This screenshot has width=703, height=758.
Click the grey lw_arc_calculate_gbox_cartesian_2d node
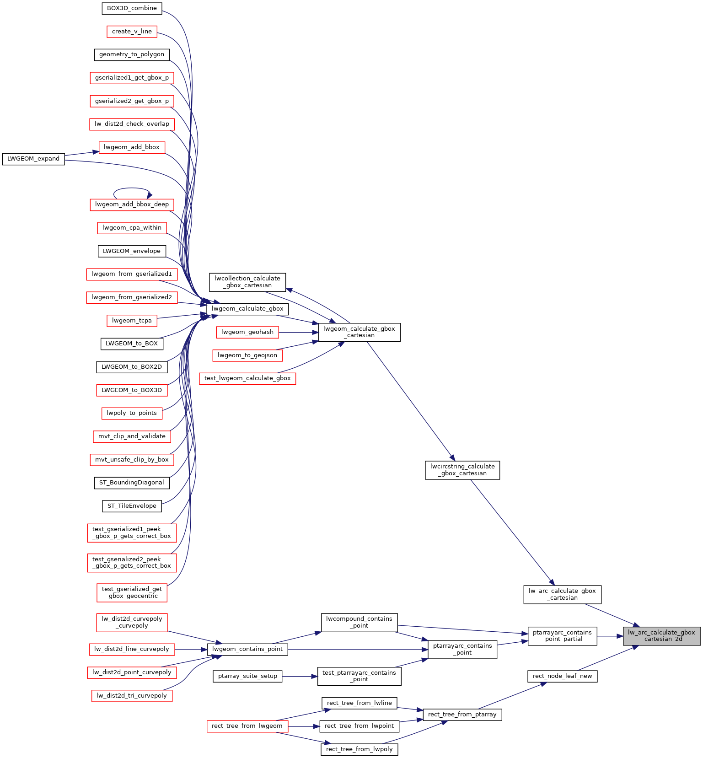[661, 636]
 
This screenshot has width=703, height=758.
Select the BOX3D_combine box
[132, 8]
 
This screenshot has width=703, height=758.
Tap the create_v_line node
[132, 32]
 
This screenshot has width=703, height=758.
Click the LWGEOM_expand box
[33, 159]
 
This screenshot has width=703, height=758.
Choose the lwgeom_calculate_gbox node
[247, 309]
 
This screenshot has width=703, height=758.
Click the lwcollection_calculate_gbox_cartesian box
[247, 282]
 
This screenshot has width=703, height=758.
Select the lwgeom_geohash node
[247, 332]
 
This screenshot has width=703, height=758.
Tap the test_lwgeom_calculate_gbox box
[247, 378]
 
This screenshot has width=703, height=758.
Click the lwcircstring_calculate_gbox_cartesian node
[462, 470]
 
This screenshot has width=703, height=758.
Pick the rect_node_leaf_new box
[562, 676]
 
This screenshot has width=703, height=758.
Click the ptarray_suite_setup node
[247, 676]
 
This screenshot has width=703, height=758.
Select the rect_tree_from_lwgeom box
[247, 726]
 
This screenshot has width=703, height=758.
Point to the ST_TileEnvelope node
[132, 506]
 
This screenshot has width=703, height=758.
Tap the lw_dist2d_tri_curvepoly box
[132, 696]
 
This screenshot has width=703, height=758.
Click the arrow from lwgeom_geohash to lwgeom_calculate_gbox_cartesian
[298, 332]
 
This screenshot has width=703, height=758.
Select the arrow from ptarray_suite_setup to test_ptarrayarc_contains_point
[300, 676]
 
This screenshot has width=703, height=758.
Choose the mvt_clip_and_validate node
[132, 436]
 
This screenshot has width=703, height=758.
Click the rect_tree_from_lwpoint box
[359, 726]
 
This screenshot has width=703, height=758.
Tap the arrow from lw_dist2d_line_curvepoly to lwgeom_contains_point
[191, 649]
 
